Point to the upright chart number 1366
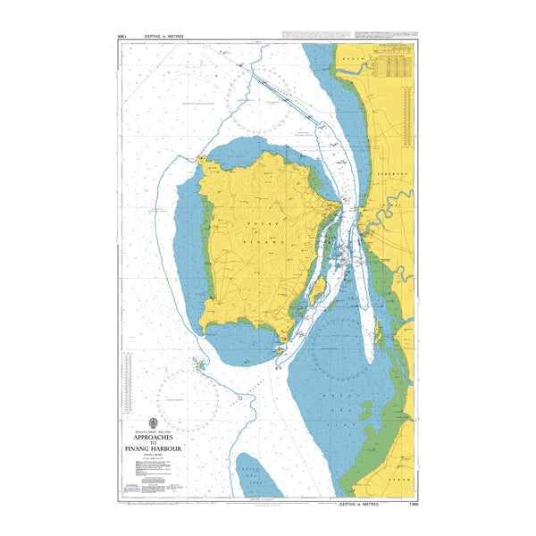tap(410, 505)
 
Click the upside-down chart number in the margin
tap(122, 37)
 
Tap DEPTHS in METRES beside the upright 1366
tap(361, 505)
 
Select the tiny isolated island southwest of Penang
tap(201, 364)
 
